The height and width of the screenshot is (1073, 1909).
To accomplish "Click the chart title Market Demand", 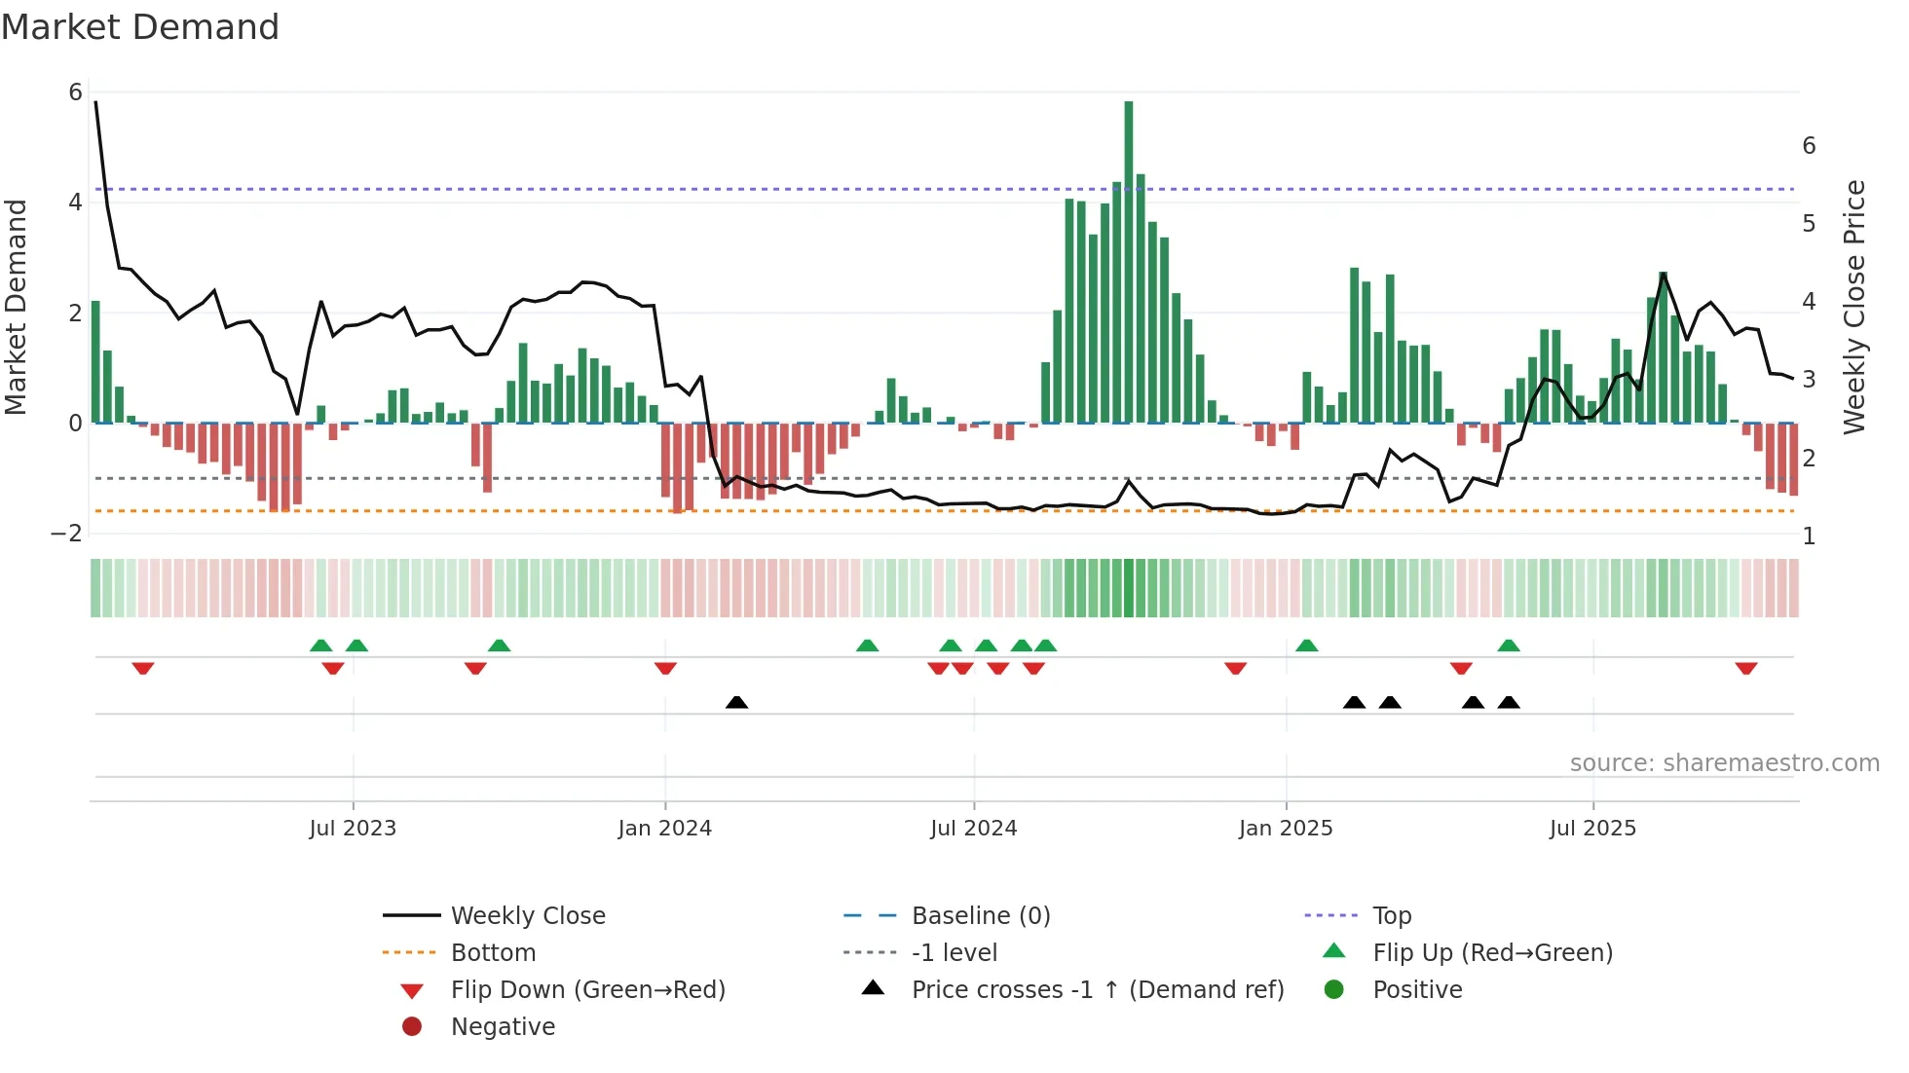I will (140, 27).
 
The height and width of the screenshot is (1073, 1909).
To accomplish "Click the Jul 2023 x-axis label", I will (353, 829).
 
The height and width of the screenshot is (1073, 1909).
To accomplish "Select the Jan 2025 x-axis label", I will (1286, 829).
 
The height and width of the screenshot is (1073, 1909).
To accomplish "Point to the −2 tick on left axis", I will (66, 533).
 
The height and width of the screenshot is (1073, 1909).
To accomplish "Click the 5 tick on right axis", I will (1809, 224).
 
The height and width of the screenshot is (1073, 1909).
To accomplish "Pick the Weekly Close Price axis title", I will (1854, 307).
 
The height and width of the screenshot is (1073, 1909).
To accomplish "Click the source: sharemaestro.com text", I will (1724, 762).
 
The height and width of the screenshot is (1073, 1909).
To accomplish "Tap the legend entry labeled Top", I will (1391, 916).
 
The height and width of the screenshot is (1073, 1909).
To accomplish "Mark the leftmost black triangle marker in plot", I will (737, 702).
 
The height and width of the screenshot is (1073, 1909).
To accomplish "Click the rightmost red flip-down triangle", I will (1745, 668).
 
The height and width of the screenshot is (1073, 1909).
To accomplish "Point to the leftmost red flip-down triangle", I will (143, 668).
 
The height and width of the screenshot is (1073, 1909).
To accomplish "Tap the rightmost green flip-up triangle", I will (1509, 646).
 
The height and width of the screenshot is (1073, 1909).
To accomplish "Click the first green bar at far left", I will (95, 361).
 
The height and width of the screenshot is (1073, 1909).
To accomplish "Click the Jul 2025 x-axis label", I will (1592, 829).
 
